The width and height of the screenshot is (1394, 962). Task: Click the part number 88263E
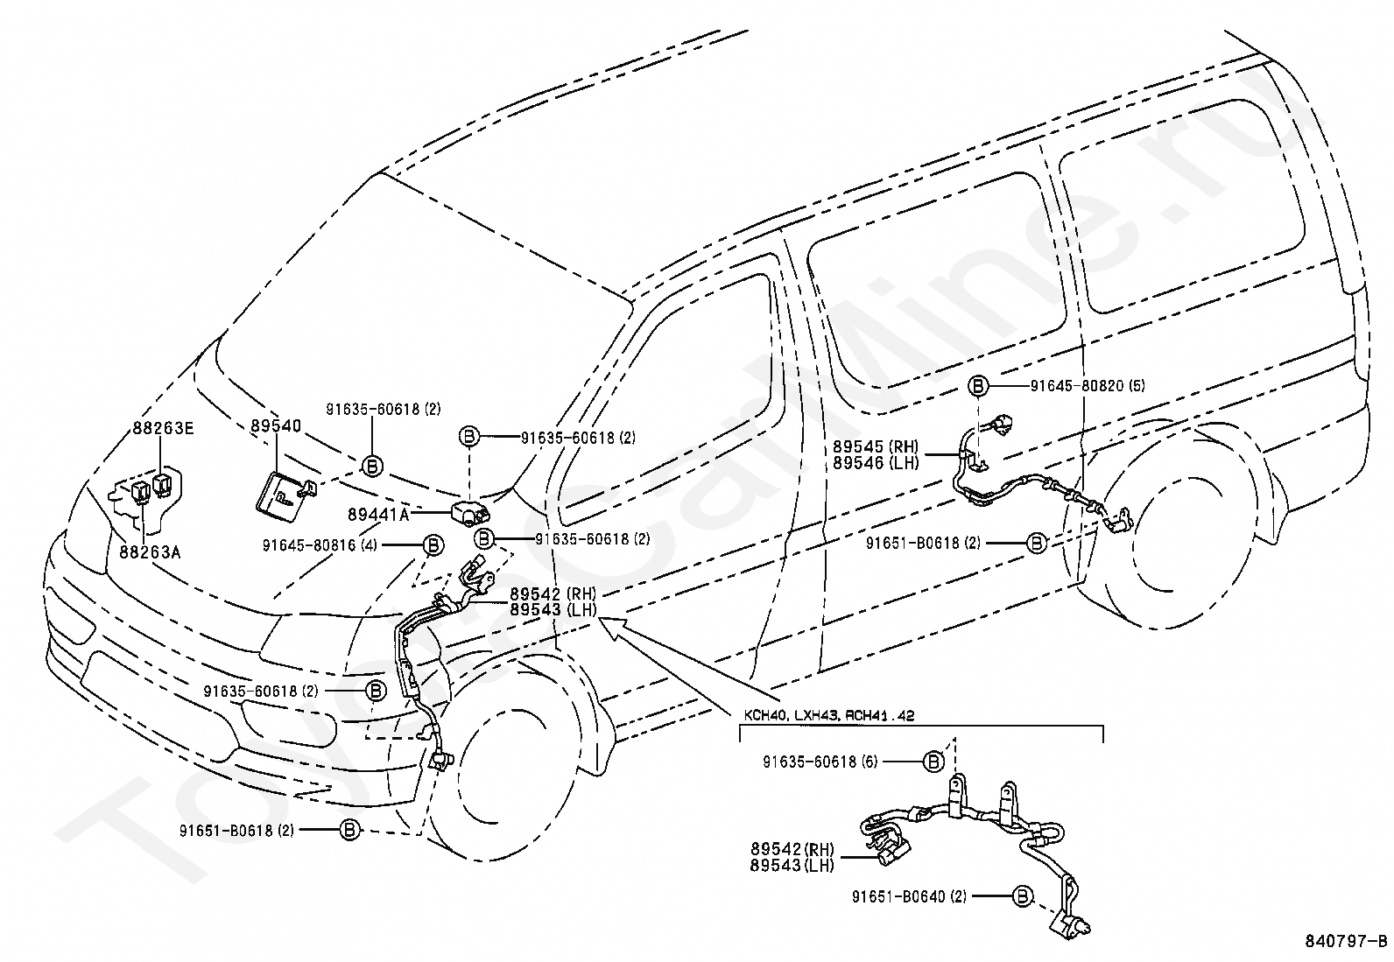[x=163, y=428]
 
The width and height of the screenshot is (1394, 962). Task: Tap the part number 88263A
[x=150, y=552]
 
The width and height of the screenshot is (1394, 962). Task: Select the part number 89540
[x=276, y=425]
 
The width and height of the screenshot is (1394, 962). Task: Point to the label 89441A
[x=378, y=515]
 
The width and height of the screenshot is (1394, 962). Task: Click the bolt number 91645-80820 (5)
[x=1088, y=386]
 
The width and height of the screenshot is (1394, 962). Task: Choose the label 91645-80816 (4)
[x=320, y=545]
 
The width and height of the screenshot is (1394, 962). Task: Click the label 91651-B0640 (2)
[x=909, y=896]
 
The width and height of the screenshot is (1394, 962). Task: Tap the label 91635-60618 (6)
[x=820, y=762]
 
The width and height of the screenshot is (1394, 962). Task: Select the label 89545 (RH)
[x=876, y=446]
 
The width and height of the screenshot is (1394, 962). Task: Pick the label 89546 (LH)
[x=876, y=463]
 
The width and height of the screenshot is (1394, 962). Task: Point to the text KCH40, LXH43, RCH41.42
[x=829, y=716]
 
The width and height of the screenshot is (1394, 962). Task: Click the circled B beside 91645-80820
[x=978, y=386]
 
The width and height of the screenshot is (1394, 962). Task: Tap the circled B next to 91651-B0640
[x=1021, y=896]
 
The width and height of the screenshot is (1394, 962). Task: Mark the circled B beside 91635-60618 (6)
[x=933, y=762]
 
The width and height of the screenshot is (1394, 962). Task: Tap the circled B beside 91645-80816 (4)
[x=433, y=545]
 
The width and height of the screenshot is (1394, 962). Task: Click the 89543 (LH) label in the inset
[x=792, y=865]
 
